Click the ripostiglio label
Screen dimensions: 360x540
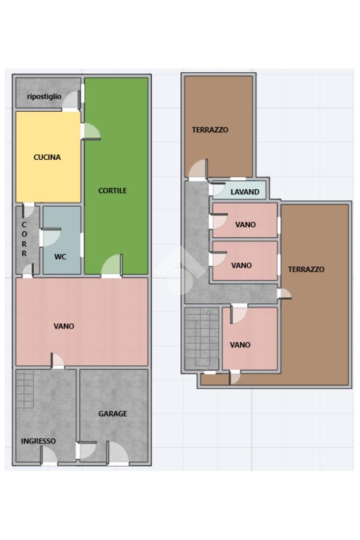(44, 97)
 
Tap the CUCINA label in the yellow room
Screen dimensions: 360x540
(47, 157)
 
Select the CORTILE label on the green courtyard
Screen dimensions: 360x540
(113, 190)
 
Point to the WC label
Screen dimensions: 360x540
(60, 257)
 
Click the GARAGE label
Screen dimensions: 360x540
(113, 413)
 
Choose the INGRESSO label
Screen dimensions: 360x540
(38, 441)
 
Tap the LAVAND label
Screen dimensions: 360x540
(245, 192)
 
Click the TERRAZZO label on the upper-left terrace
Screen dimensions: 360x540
(210, 130)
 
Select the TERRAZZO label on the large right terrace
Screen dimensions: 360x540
(306, 269)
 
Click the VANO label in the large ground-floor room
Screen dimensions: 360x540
(64, 326)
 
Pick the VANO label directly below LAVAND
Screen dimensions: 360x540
(246, 225)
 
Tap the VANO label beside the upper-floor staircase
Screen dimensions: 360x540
(240, 345)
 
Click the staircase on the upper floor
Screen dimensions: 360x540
(202, 339)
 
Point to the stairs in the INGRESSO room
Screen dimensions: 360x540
(25, 390)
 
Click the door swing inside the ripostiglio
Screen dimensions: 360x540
(71, 100)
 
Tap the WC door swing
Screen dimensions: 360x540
(50, 237)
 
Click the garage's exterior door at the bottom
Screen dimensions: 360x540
(118, 452)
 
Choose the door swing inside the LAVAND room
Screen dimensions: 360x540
(217, 189)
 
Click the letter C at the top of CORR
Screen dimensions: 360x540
(24, 225)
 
